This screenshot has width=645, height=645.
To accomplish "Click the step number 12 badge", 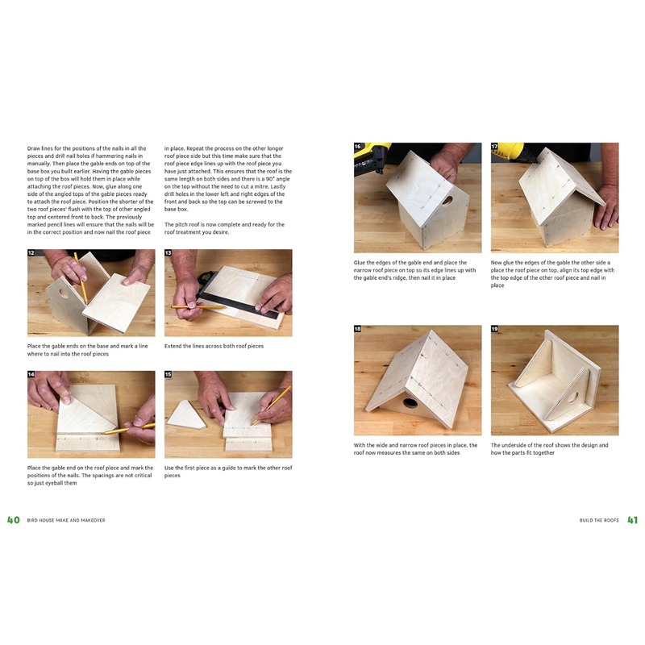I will click(x=31, y=253).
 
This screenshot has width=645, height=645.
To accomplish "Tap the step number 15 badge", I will click(x=169, y=375).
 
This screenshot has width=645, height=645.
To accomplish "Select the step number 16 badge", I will click(x=358, y=147).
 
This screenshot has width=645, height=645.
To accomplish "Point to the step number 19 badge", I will click(x=495, y=329).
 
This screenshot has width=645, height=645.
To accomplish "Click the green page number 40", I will click(x=13, y=520).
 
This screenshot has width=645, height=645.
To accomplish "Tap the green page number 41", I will click(x=632, y=520).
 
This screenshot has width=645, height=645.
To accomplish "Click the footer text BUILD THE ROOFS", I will click(x=599, y=521).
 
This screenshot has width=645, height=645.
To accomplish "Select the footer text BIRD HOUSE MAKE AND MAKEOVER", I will click(x=66, y=521).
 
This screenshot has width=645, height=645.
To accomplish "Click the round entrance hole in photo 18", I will click(x=410, y=402).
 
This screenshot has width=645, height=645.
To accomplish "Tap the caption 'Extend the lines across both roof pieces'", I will click(x=214, y=346).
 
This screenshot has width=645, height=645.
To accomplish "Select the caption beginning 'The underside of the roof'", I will click(x=550, y=448).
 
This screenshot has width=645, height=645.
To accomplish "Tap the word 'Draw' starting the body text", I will click(x=34, y=149).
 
